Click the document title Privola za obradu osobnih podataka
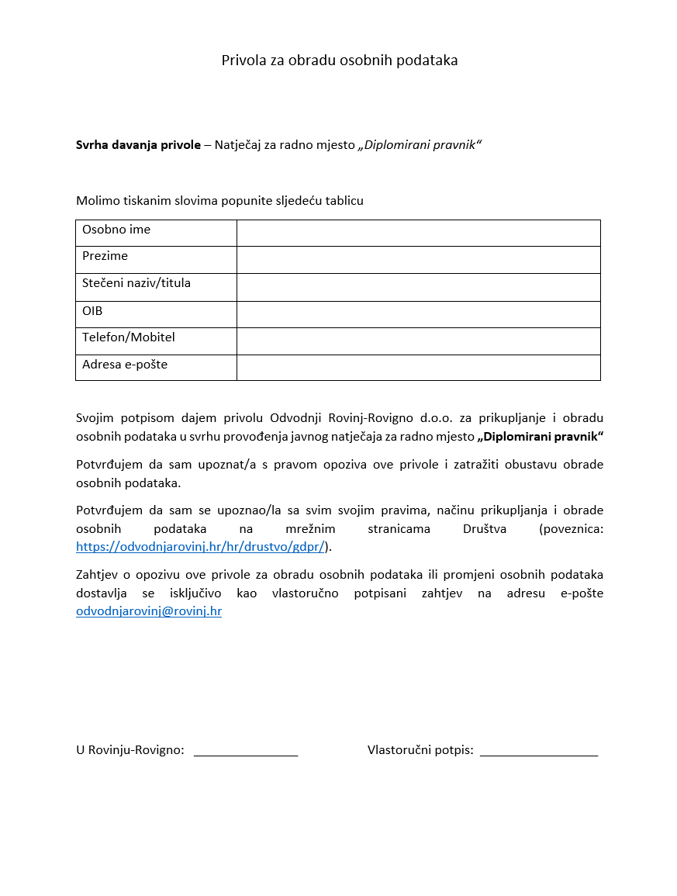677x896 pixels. pos(340,61)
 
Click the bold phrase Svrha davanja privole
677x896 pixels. pos(138,144)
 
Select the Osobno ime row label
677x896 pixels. pos(116,230)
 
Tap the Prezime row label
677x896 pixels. pos(105,256)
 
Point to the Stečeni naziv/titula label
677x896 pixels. pos(136,283)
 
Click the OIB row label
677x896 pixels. pos(92,311)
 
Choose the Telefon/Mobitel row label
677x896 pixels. pos(129,337)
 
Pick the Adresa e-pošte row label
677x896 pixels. pos(125,365)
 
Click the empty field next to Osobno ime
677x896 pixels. pos(418,233)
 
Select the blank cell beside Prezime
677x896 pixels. pos(418,260)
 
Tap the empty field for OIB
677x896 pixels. pos(418,314)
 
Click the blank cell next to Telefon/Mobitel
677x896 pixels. pos(418,341)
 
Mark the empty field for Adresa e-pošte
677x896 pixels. pos(418,368)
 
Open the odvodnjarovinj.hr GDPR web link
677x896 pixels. pos(200,546)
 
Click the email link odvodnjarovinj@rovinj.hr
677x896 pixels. pos(149,611)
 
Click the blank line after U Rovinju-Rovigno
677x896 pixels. pos(246,750)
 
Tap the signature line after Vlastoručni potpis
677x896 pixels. pos(539,750)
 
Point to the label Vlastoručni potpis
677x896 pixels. pos(420,750)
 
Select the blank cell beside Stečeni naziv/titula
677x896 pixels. pos(418,287)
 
